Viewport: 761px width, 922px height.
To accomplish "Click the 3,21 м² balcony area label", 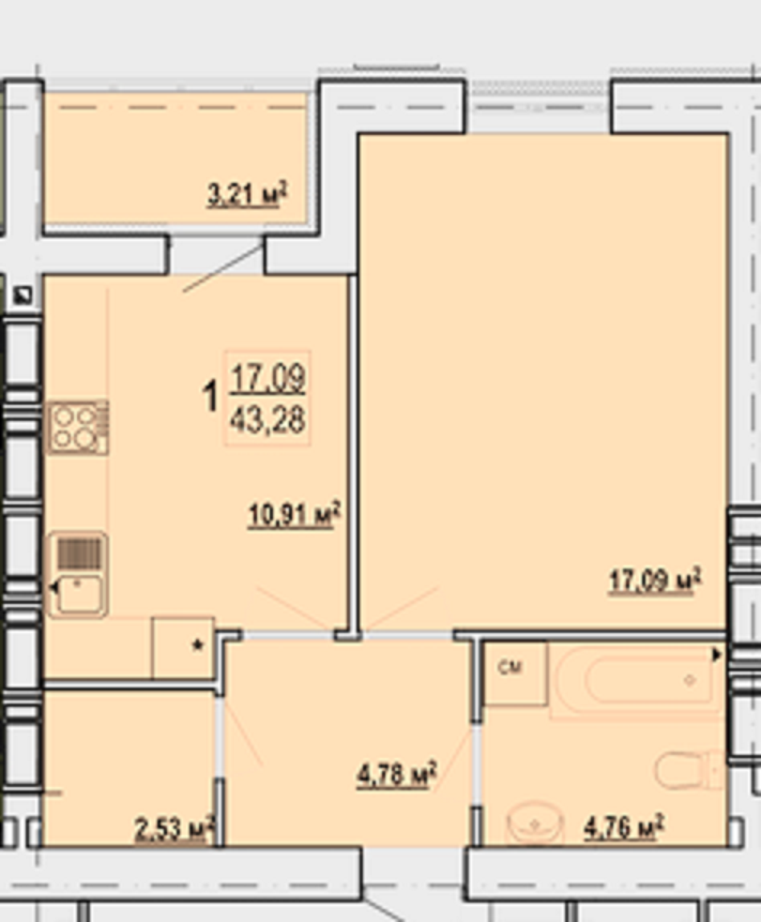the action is coord(246,194).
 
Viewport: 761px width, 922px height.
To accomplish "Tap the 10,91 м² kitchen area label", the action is coord(295,515).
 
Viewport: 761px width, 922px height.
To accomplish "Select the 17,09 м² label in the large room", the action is coord(655,581).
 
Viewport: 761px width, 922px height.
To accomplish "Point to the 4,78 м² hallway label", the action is coord(397,774).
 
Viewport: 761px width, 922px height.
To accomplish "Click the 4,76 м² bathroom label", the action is coord(624,826).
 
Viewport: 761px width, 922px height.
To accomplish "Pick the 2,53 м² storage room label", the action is coord(174,829).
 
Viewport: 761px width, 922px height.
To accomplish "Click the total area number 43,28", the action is coord(268,420).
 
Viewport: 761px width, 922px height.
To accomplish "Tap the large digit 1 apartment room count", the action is coord(210,396).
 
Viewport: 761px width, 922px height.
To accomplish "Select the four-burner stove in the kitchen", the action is coord(78,427).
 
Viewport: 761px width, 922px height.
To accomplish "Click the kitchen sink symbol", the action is coord(78,574).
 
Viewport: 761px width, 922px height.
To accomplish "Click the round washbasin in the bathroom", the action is coord(535,823).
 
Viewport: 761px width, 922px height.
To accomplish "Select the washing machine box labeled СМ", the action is coord(515,674).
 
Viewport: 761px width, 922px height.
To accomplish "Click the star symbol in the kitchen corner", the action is coord(197,646).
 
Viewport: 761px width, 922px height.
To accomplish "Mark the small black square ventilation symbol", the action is coord(23,295).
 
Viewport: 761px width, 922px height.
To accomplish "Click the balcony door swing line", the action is coord(223,268).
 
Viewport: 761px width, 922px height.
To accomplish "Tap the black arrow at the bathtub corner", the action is coord(716,655).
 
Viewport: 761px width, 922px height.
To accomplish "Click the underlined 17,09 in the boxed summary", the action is coord(268,378).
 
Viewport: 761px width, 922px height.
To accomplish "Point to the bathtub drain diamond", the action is coord(689,680).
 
